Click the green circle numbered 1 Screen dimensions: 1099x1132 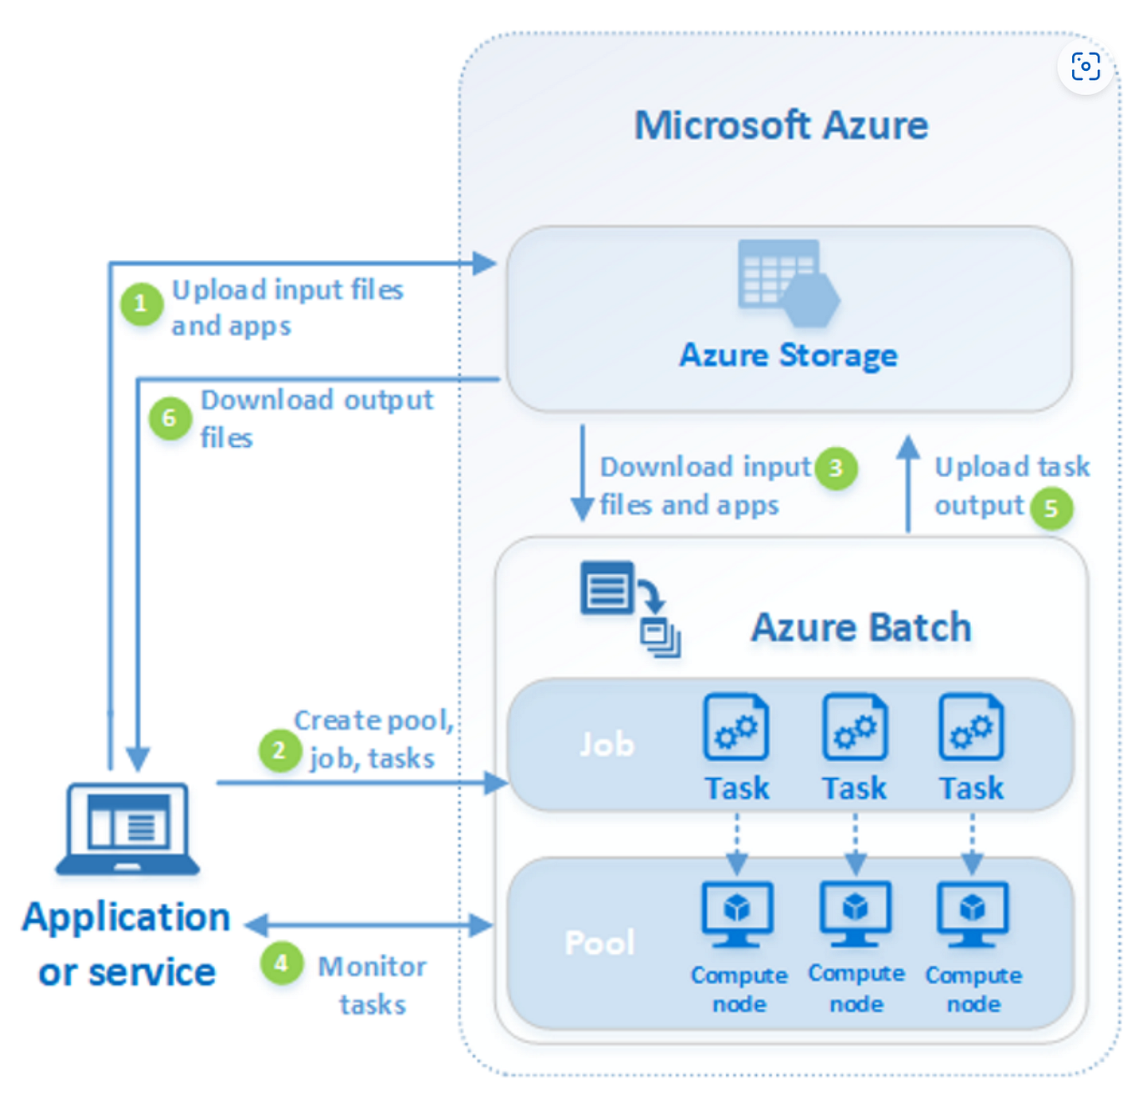click(141, 304)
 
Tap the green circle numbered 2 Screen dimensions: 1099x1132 click(279, 750)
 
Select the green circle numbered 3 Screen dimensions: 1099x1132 click(836, 469)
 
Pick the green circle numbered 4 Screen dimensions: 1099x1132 click(282, 964)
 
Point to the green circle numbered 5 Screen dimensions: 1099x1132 click(1051, 508)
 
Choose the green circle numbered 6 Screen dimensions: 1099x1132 click(170, 418)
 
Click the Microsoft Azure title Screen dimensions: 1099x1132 click(781, 126)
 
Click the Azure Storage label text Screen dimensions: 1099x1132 click(789, 356)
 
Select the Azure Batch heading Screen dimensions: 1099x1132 click(861, 628)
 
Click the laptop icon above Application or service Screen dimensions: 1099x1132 click(128, 829)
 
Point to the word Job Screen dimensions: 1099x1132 click(608, 745)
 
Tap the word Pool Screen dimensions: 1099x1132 click(600, 943)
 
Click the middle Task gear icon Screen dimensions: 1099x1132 click(854, 727)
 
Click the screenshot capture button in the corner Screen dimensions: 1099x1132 click(1085, 67)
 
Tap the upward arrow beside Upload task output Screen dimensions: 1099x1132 click(908, 484)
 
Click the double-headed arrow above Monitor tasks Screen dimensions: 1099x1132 click(370, 925)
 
